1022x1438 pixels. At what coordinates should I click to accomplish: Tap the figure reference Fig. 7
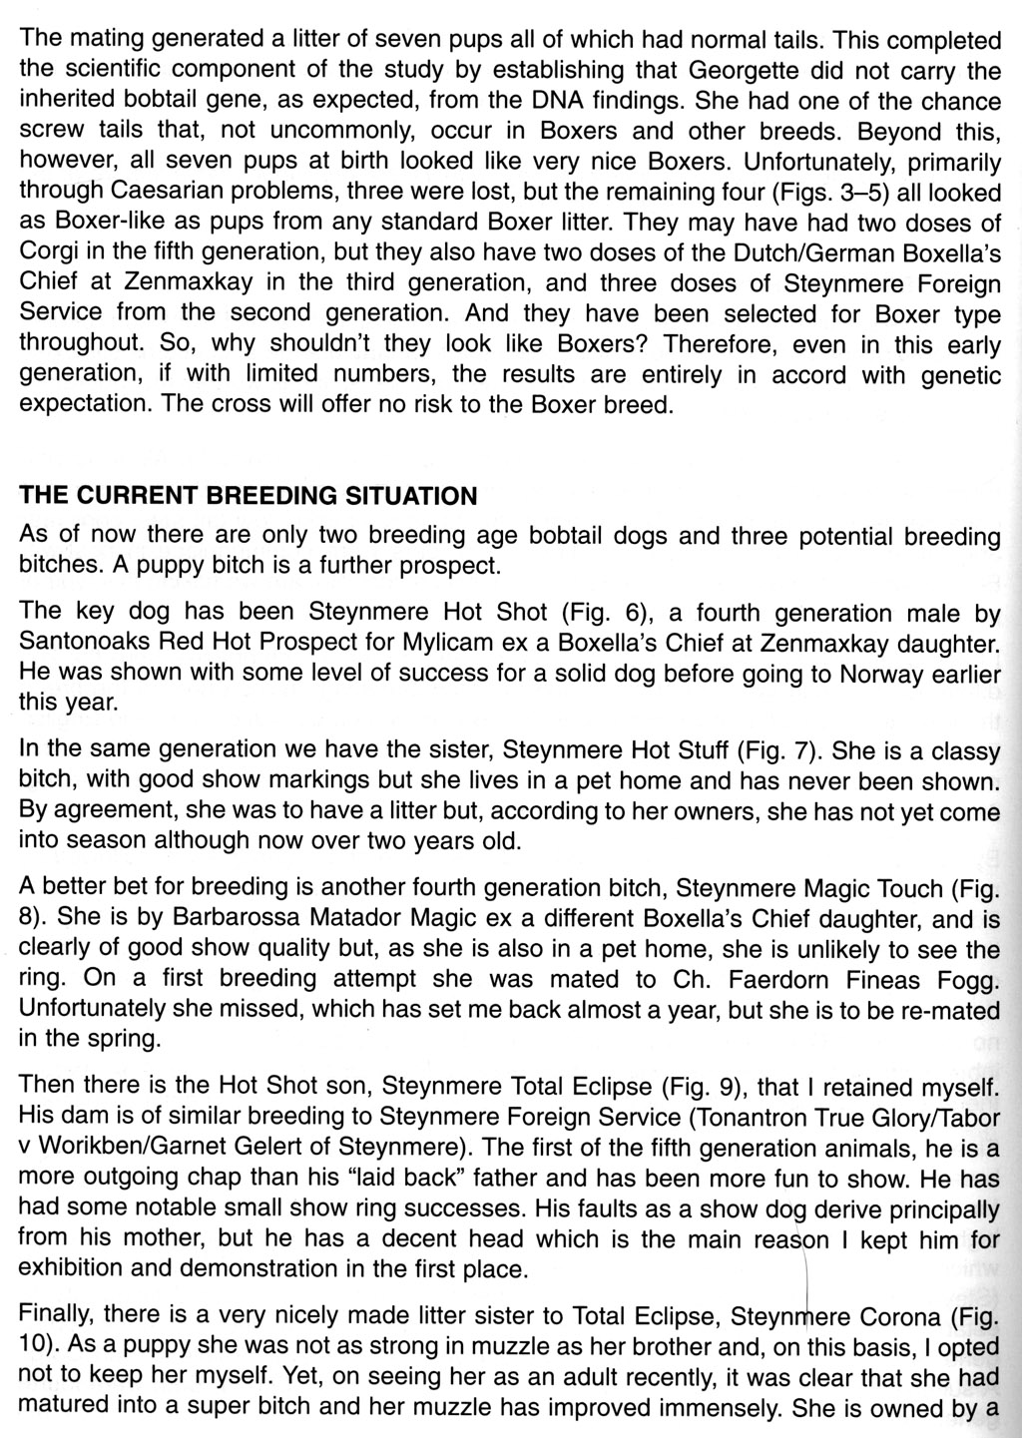(x=775, y=748)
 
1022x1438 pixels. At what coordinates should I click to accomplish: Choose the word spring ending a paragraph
(x=122, y=1039)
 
